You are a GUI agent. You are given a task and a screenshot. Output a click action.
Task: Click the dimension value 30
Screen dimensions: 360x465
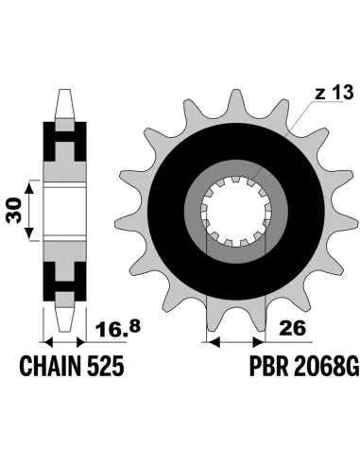tap(14, 210)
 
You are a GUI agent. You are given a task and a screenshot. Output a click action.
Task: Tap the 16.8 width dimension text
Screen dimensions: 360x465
tap(118, 328)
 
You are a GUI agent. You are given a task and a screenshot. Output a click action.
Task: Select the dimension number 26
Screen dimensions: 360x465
tap(293, 329)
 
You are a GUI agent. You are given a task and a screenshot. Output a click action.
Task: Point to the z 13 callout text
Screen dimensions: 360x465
tap(334, 94)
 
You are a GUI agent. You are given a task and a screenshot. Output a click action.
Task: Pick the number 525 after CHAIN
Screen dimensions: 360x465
tap(105, 366)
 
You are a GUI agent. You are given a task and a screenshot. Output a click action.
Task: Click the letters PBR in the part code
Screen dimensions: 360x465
tap(268, 366)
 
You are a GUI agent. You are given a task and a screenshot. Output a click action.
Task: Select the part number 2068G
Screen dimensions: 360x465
tap(326, 366)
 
